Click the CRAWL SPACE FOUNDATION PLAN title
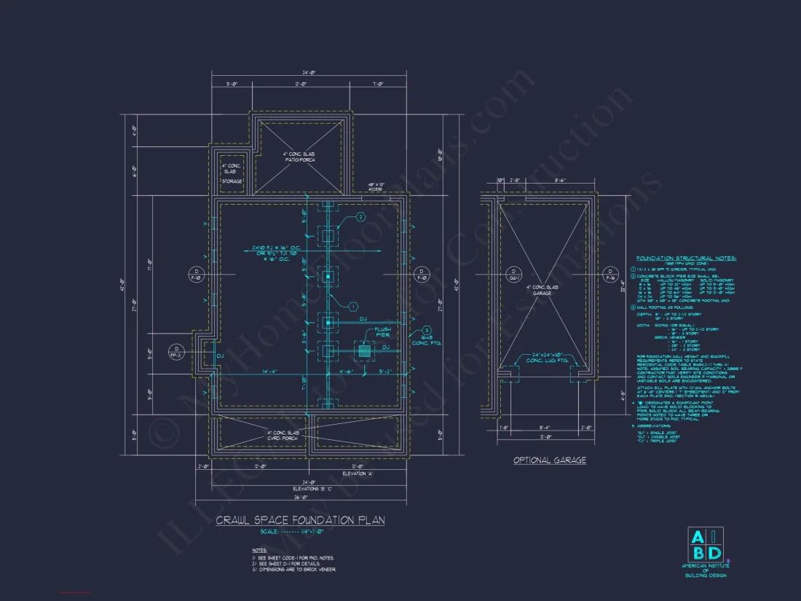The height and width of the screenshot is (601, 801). pyautogui.click(x=300, y=520)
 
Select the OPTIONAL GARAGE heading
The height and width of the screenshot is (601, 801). pyautogui.click(x=549, y=460)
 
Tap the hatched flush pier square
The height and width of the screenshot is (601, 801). pyautogui.click(x=365, y=350)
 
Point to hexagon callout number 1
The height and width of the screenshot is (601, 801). pyautogui.click(x=352, y=307)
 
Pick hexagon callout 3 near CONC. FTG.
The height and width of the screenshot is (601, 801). pyautogui.click(x=406, y=330)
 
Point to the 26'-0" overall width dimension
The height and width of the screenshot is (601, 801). pyautogui.click(x=300, y=498)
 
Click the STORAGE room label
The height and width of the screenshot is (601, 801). pyautogui.click(x=232, y=181)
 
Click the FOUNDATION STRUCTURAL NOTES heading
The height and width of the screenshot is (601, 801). pyautogui.click(x=686, y=258)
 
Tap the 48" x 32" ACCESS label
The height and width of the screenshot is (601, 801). pyautogui.click(x=376, y=187)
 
